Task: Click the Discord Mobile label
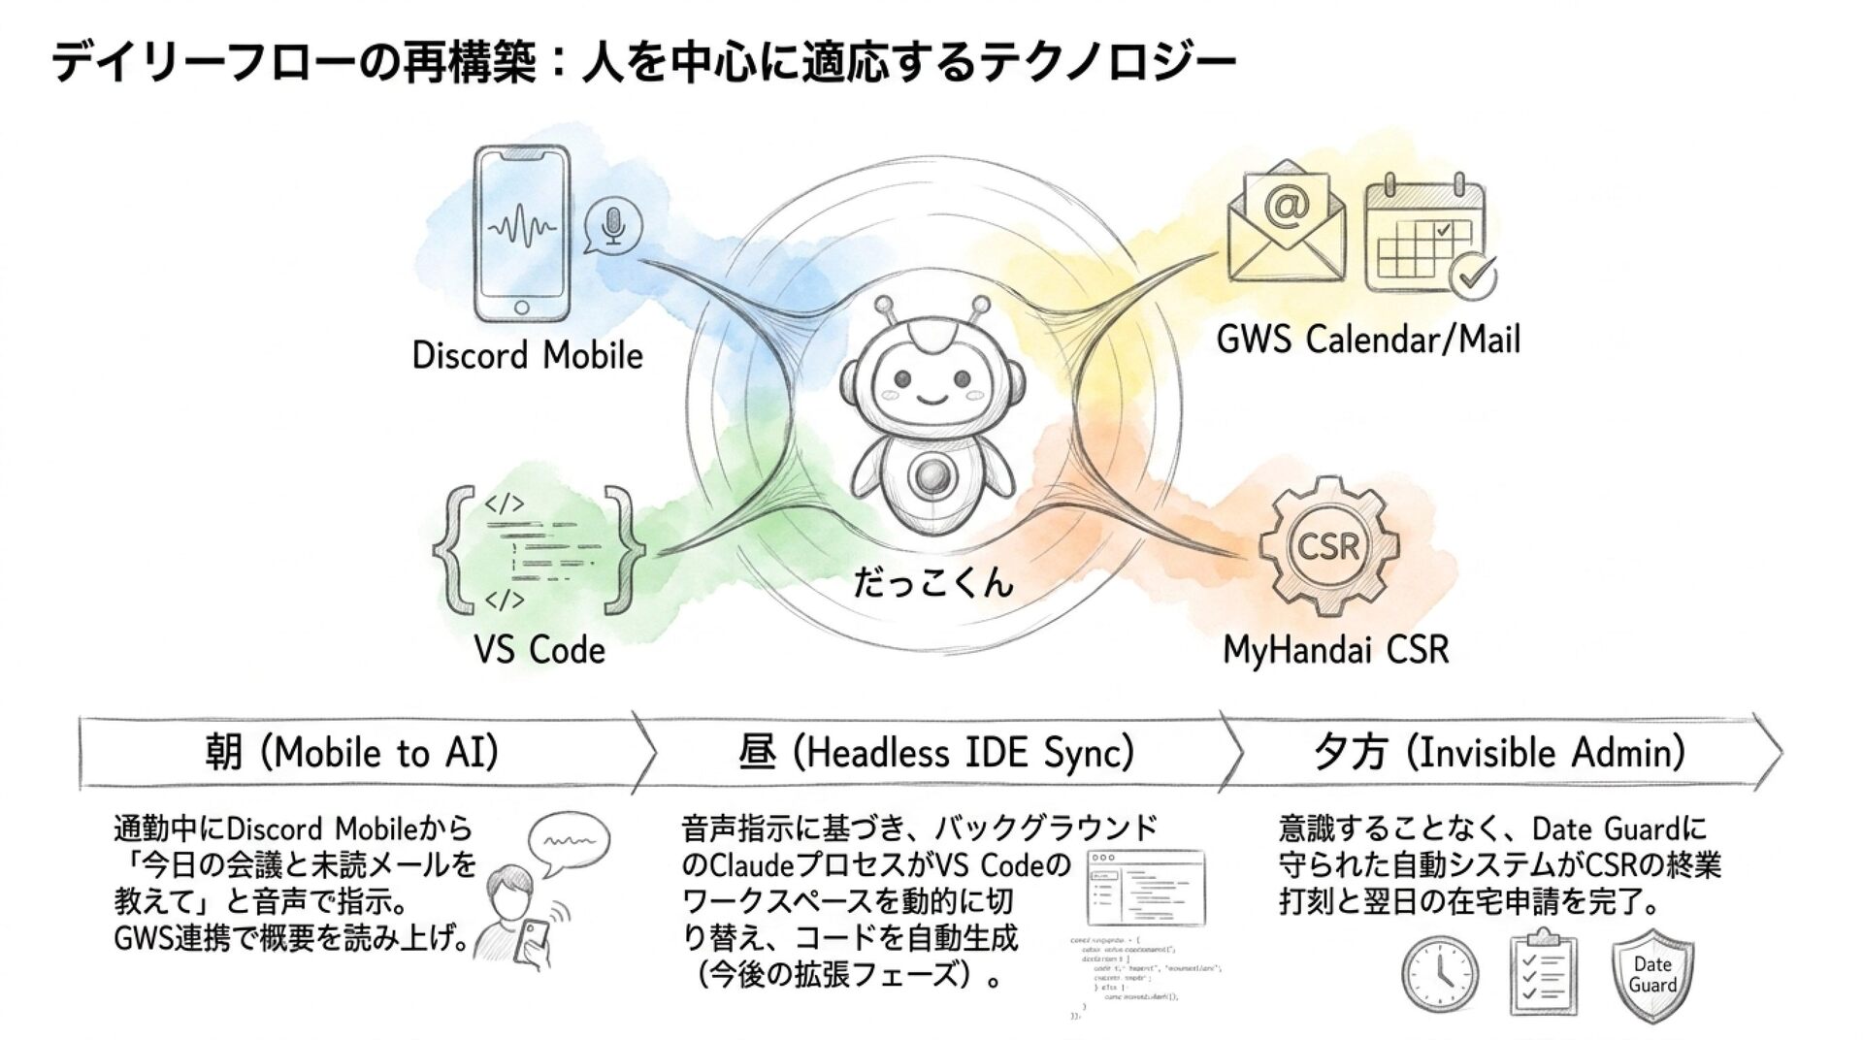527,355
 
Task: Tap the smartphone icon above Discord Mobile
521,234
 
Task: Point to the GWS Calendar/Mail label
1368,340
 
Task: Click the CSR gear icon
1328,547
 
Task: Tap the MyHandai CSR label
1335,649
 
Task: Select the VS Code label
539,649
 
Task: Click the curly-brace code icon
539,551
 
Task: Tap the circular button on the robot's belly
931,475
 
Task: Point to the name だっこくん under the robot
932,582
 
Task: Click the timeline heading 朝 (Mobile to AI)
351,753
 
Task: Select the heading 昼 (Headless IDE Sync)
935,753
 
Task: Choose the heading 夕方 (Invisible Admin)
1498,753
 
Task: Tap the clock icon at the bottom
1441,974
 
